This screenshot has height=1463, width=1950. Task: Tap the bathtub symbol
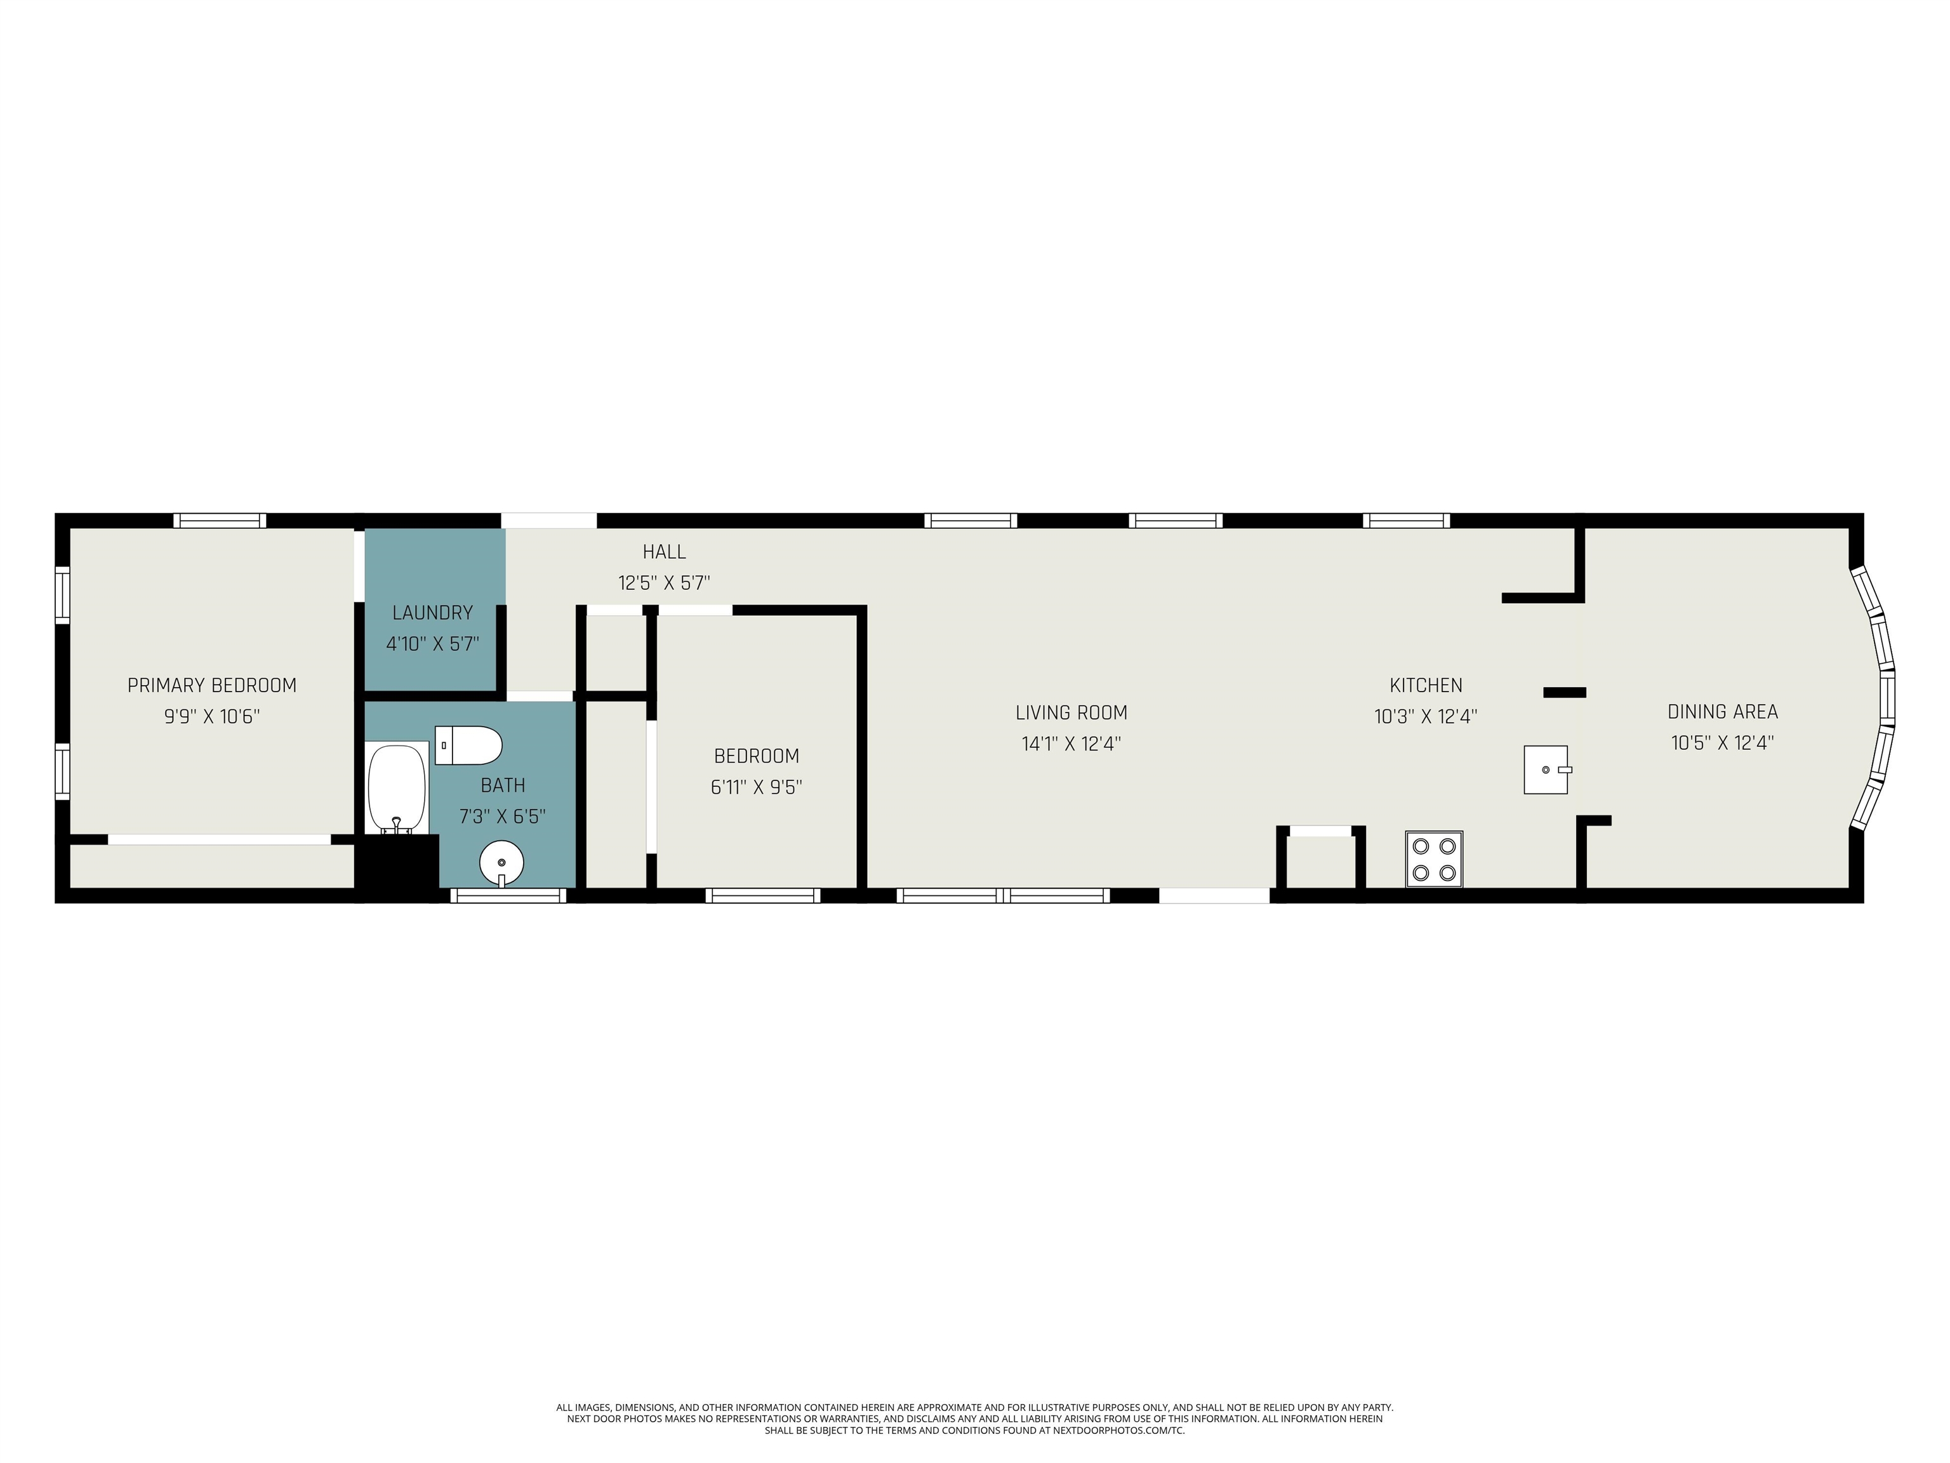pos(397,787)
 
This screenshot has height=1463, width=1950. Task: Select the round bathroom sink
pos(501,862)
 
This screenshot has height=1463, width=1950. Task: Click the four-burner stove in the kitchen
pos(1435,859)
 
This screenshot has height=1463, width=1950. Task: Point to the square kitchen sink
pos(1546,770)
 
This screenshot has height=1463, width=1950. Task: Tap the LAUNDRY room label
pos(432,613)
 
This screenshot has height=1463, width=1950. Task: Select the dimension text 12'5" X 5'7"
pos(664,583)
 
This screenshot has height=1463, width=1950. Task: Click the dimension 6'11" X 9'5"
pos(757,787)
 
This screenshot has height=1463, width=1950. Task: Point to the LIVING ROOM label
pos(1071,712)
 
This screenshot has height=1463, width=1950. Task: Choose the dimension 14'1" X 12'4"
pos(1071,744)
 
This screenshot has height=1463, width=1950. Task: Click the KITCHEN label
pos(1426,685)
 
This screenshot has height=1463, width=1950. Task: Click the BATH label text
pos(503,785)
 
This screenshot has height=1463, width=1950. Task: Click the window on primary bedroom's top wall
pos(220,520)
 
